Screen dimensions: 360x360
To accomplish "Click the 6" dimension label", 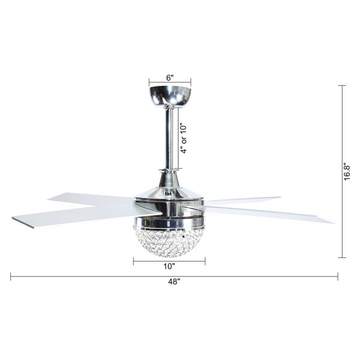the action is pyautogui.click(x=170, y=78).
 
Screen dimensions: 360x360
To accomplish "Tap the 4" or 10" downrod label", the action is pyautogui.click(x=184, y=139).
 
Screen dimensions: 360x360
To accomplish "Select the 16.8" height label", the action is pyautogui.click(x=347, y=172).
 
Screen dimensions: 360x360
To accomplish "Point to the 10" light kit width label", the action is pyautogui.click(x=169, y=266).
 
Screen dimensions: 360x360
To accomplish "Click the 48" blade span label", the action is pyautogui.click(x=174, y=281).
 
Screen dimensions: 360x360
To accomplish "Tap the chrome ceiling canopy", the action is pyautogui.click(x=170, y=97).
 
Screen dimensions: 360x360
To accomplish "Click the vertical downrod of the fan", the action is pyautogui.click(x=169, y=139).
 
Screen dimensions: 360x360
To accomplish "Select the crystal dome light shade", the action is pyautogui.click(x=169, y=241).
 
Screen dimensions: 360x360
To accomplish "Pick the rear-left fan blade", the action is pyautogui.click(x=92, y=199).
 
